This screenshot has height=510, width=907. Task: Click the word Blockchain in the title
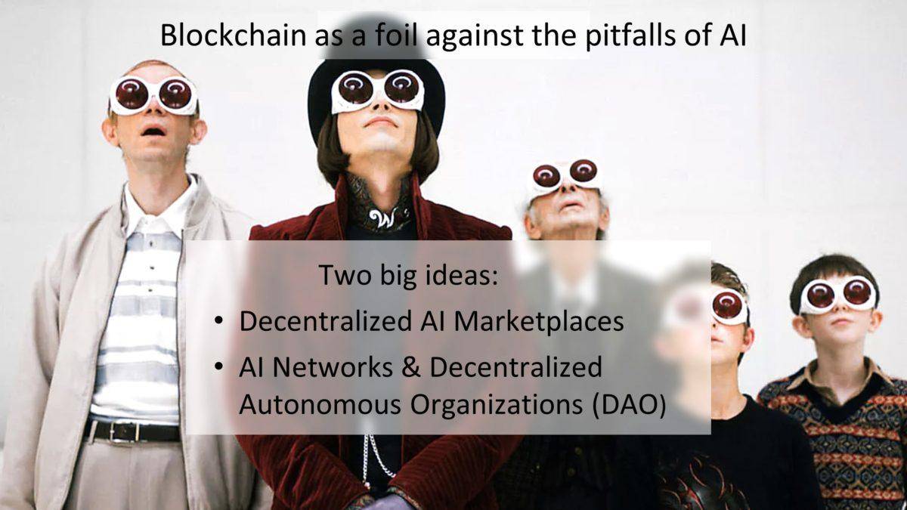tap(234, 36)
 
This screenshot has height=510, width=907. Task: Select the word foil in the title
tap(396, 36)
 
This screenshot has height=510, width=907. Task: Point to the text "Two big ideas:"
tap(408, 275)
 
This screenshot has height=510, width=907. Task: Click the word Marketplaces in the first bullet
tap(538, 322)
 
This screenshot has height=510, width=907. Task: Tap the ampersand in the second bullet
tap(411, 367)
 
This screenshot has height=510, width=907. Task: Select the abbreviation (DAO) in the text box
tap(629, 405)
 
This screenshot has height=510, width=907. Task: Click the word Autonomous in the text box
tap(320, 404)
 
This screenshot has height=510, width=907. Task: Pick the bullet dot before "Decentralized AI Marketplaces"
tap(218, 320)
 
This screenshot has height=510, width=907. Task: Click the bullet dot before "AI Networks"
tap(218, 366)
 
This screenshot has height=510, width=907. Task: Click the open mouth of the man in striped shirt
tap(154, 131)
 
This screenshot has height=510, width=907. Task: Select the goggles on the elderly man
tap(565, 177)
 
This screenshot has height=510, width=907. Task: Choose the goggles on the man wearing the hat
tap(377, 91)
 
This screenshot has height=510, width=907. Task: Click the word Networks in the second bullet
tap(333, 367)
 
